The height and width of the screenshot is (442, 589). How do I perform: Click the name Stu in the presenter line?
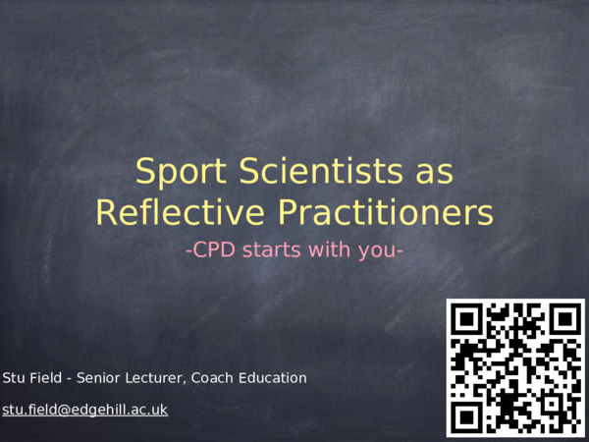(x=15, y=378)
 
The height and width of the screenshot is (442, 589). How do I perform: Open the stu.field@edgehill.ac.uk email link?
(x=85, y=410)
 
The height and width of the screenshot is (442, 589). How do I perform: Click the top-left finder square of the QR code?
(x=468, y=320)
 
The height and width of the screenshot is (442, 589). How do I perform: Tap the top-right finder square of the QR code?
(x=563, y=320)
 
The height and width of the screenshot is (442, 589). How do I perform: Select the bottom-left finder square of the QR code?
(x=468, y=415)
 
